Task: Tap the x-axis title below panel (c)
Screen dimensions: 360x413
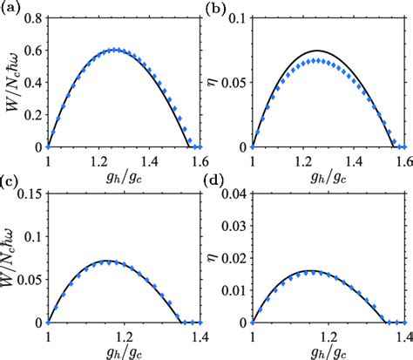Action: tap(123, 350)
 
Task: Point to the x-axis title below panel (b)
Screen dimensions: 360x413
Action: tap(328, 174)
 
